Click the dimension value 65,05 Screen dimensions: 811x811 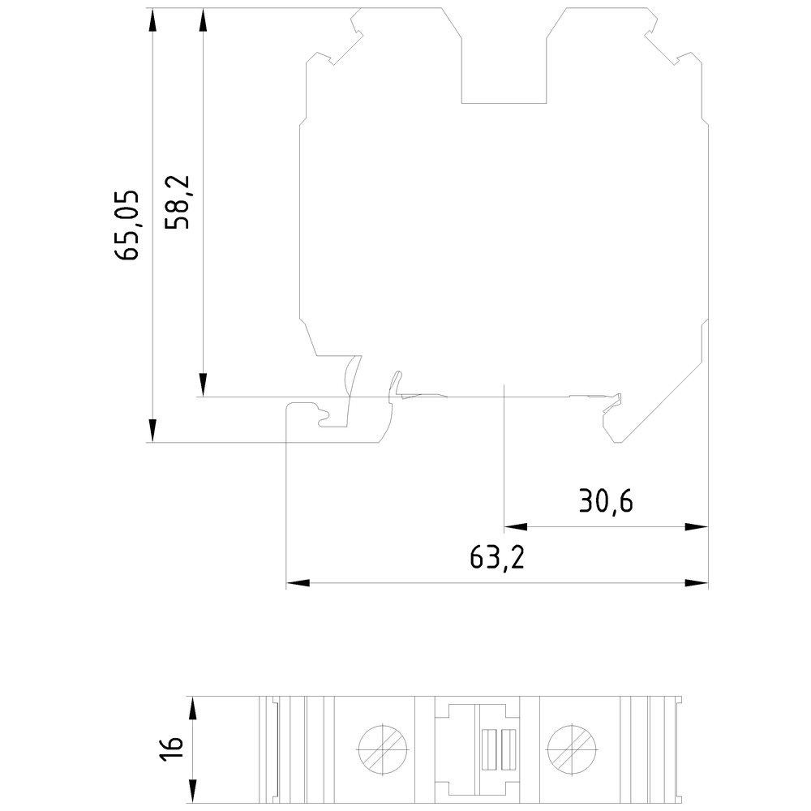click(127, 225)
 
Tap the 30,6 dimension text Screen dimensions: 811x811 click(606, 501)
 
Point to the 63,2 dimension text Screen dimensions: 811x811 click(498, 558)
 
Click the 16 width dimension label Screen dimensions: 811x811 click(172, 748)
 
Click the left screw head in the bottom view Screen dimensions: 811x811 click(383, 749)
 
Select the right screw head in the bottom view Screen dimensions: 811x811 click(572, 749)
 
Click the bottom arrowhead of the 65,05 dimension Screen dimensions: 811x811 click(152, 431)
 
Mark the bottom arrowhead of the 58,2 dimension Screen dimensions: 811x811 click(203, 385)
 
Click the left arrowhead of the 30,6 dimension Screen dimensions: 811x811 click(516, 527)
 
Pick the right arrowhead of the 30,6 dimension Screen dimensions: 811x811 click(696, 527)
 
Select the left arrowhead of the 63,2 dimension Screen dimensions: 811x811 click(298, 583)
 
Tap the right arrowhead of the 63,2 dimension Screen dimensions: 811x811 click(696, 583)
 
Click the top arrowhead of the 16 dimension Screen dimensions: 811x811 click(192, 708)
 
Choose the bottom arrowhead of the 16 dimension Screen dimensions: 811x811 click(192, 792)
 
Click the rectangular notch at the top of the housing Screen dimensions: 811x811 click(504, 55)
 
